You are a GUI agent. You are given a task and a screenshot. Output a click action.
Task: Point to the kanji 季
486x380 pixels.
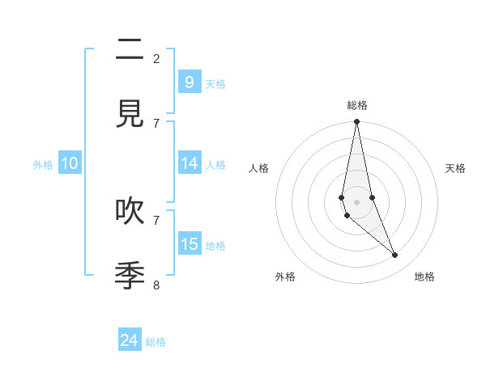[x=130, y=276]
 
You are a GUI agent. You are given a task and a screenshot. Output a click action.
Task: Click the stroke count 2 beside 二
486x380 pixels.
[x=156, y=58]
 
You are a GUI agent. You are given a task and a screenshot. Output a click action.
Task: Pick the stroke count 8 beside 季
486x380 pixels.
[x=156, y=285]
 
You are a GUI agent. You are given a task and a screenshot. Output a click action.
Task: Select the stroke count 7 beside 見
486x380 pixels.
[x=156, y=123]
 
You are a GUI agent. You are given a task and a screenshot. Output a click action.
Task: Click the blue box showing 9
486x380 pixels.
[x=189, y=82]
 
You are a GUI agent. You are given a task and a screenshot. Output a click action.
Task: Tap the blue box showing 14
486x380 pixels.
[x=189, y=163]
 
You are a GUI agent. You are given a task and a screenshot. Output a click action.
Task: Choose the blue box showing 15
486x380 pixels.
[x=189, y=243]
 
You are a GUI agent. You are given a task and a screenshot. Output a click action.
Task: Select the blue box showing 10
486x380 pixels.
[x=70, y=163]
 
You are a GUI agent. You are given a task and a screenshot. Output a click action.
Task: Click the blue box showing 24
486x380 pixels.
[x=130, y=340]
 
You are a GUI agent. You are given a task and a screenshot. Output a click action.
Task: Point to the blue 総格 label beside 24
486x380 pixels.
[x=156, y=342]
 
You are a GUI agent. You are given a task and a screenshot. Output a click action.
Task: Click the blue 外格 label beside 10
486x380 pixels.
[x=43, y=165]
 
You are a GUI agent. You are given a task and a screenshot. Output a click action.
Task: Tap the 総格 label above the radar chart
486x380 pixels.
[x=357, y=105]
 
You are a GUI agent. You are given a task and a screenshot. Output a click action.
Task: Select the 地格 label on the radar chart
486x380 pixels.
[x=424, y=277]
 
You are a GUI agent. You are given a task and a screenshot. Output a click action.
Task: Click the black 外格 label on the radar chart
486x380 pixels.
[x=285, y=277]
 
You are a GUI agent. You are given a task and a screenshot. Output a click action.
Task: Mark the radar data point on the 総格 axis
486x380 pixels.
[x=356, y=122]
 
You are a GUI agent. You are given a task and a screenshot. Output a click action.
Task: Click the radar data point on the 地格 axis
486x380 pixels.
[x=395, y=255]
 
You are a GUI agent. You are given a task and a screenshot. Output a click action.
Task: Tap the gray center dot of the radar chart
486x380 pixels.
[x=356, y=201]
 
